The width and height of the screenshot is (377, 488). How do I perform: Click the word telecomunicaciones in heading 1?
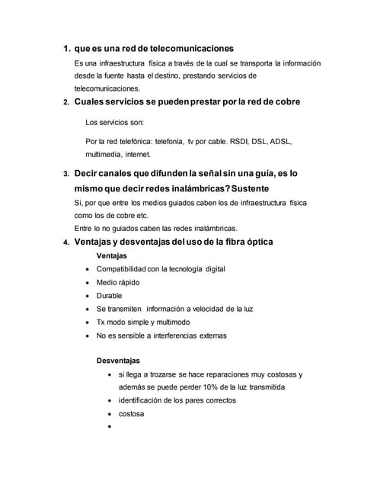point(188,49)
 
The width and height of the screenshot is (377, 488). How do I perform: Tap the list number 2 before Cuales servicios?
point(66,103)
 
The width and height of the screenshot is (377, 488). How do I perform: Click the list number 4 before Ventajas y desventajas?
point(66,242)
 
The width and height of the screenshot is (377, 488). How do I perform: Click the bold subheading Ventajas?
point(111,255)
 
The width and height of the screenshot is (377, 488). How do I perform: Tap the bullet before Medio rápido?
point(91,282)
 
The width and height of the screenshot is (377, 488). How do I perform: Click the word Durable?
point(109,295)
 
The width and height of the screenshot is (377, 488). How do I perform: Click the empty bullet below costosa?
point(112,428)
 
